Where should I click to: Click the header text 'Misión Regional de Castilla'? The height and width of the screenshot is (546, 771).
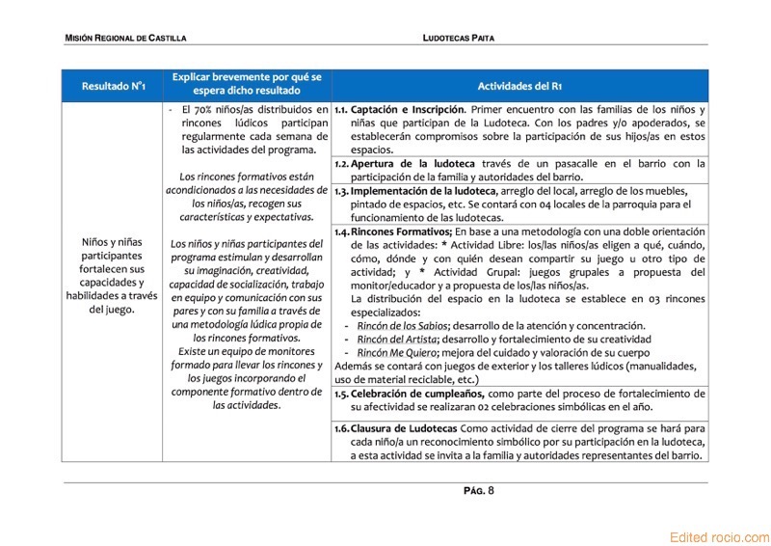click(125, 38)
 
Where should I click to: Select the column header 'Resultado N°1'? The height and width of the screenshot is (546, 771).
click(113, 86)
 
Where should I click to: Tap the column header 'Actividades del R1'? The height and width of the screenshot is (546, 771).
click(520, 86)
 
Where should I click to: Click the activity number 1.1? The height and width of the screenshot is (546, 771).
click(341, 110)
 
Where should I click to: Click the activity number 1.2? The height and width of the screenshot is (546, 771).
click(342, 164)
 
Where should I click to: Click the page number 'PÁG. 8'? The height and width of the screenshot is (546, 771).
click(478, 491)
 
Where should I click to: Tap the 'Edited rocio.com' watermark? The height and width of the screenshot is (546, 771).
click(720, 537)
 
